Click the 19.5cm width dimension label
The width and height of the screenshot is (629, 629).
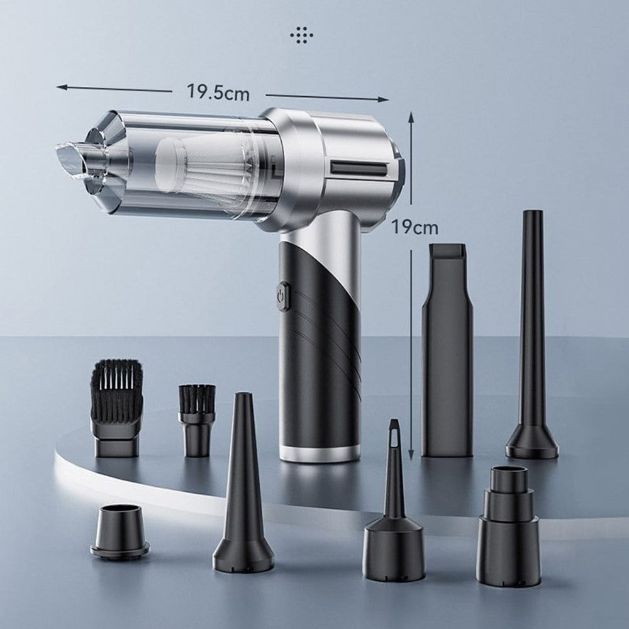[x=218, y=92]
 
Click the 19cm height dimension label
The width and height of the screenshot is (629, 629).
[x=415, y=228]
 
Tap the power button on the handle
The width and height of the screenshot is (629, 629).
[x=282, y=296]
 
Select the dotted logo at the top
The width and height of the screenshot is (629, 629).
[x=302, y=35]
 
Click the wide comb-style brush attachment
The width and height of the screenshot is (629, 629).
[x=116, y=408]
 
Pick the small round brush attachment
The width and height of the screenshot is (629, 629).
[x=196, y=420]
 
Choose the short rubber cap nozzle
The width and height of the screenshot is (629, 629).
[x=120, y=531]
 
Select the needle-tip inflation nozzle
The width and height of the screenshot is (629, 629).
[x=394, y=501]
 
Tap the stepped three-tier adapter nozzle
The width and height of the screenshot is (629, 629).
[x=509, y=525]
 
